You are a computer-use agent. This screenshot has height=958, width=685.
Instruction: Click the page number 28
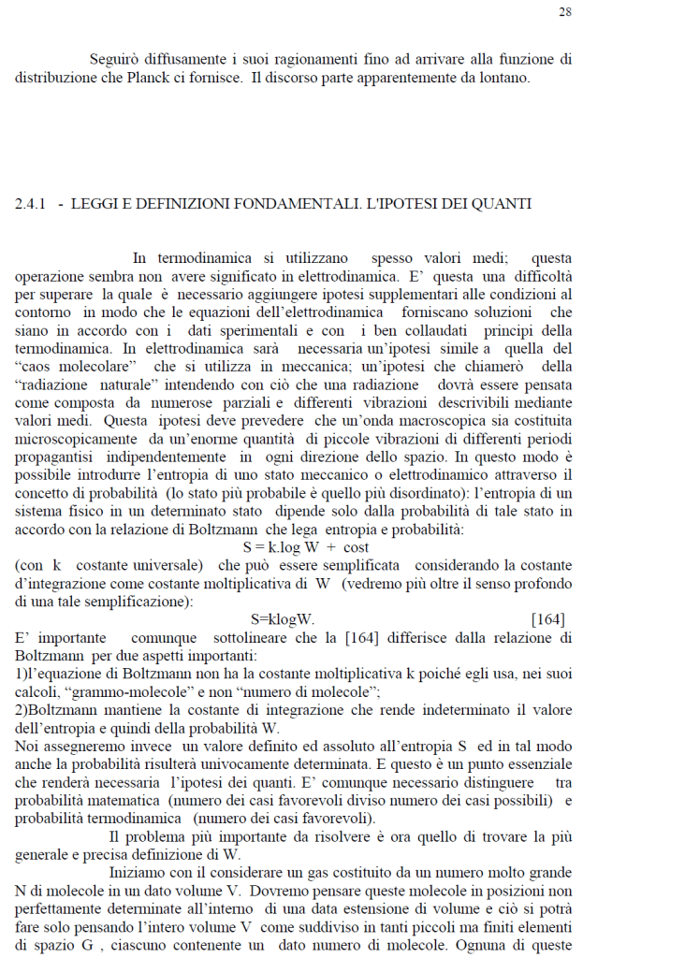click(x=565, y=12)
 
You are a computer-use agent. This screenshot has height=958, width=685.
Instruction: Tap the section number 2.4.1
click(x=31, y=204)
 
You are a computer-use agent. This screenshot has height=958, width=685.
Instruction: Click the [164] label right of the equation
click(x=547, y=619)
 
